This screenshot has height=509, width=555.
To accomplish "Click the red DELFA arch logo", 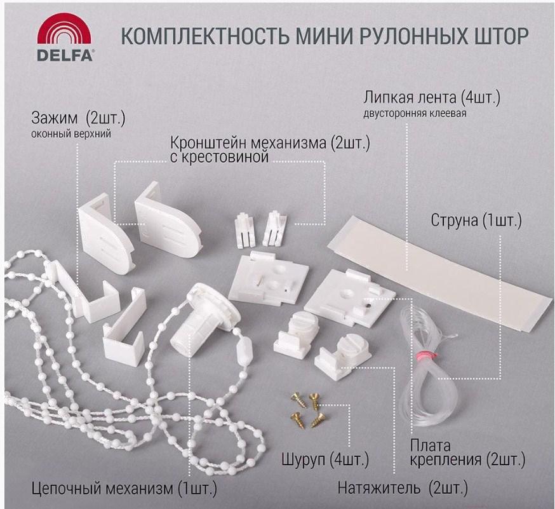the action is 64,31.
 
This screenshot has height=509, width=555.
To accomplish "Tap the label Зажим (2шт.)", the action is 78,118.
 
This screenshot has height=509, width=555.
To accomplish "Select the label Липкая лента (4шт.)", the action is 432,97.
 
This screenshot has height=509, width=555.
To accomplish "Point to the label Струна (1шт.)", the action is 476,221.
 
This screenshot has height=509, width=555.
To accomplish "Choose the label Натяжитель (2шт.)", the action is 403,488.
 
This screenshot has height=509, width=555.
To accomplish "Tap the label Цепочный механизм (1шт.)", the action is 124,489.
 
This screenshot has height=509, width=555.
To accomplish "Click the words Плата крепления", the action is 446,452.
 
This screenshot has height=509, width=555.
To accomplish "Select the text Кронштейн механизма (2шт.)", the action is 270,144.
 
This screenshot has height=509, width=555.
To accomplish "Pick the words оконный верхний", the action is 70,134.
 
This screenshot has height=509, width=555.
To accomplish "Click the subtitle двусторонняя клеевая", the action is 415,113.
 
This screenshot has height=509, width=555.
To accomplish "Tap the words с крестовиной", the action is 220,157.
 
